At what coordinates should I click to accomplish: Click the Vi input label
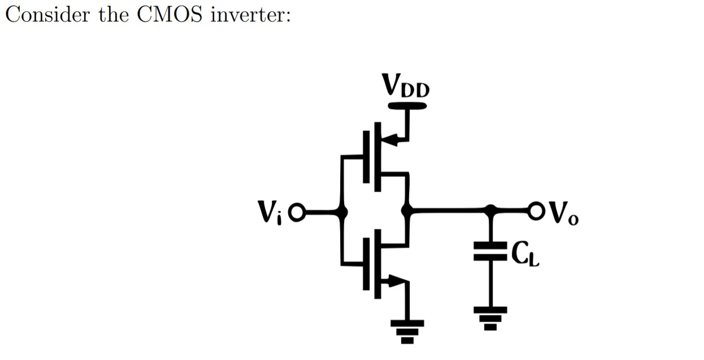(270, 212)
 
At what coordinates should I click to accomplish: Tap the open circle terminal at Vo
(537, 211)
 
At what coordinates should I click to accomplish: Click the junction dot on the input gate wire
(341, 212)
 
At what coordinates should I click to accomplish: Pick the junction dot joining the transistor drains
(406, 211)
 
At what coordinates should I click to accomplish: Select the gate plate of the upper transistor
(366, 157)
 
